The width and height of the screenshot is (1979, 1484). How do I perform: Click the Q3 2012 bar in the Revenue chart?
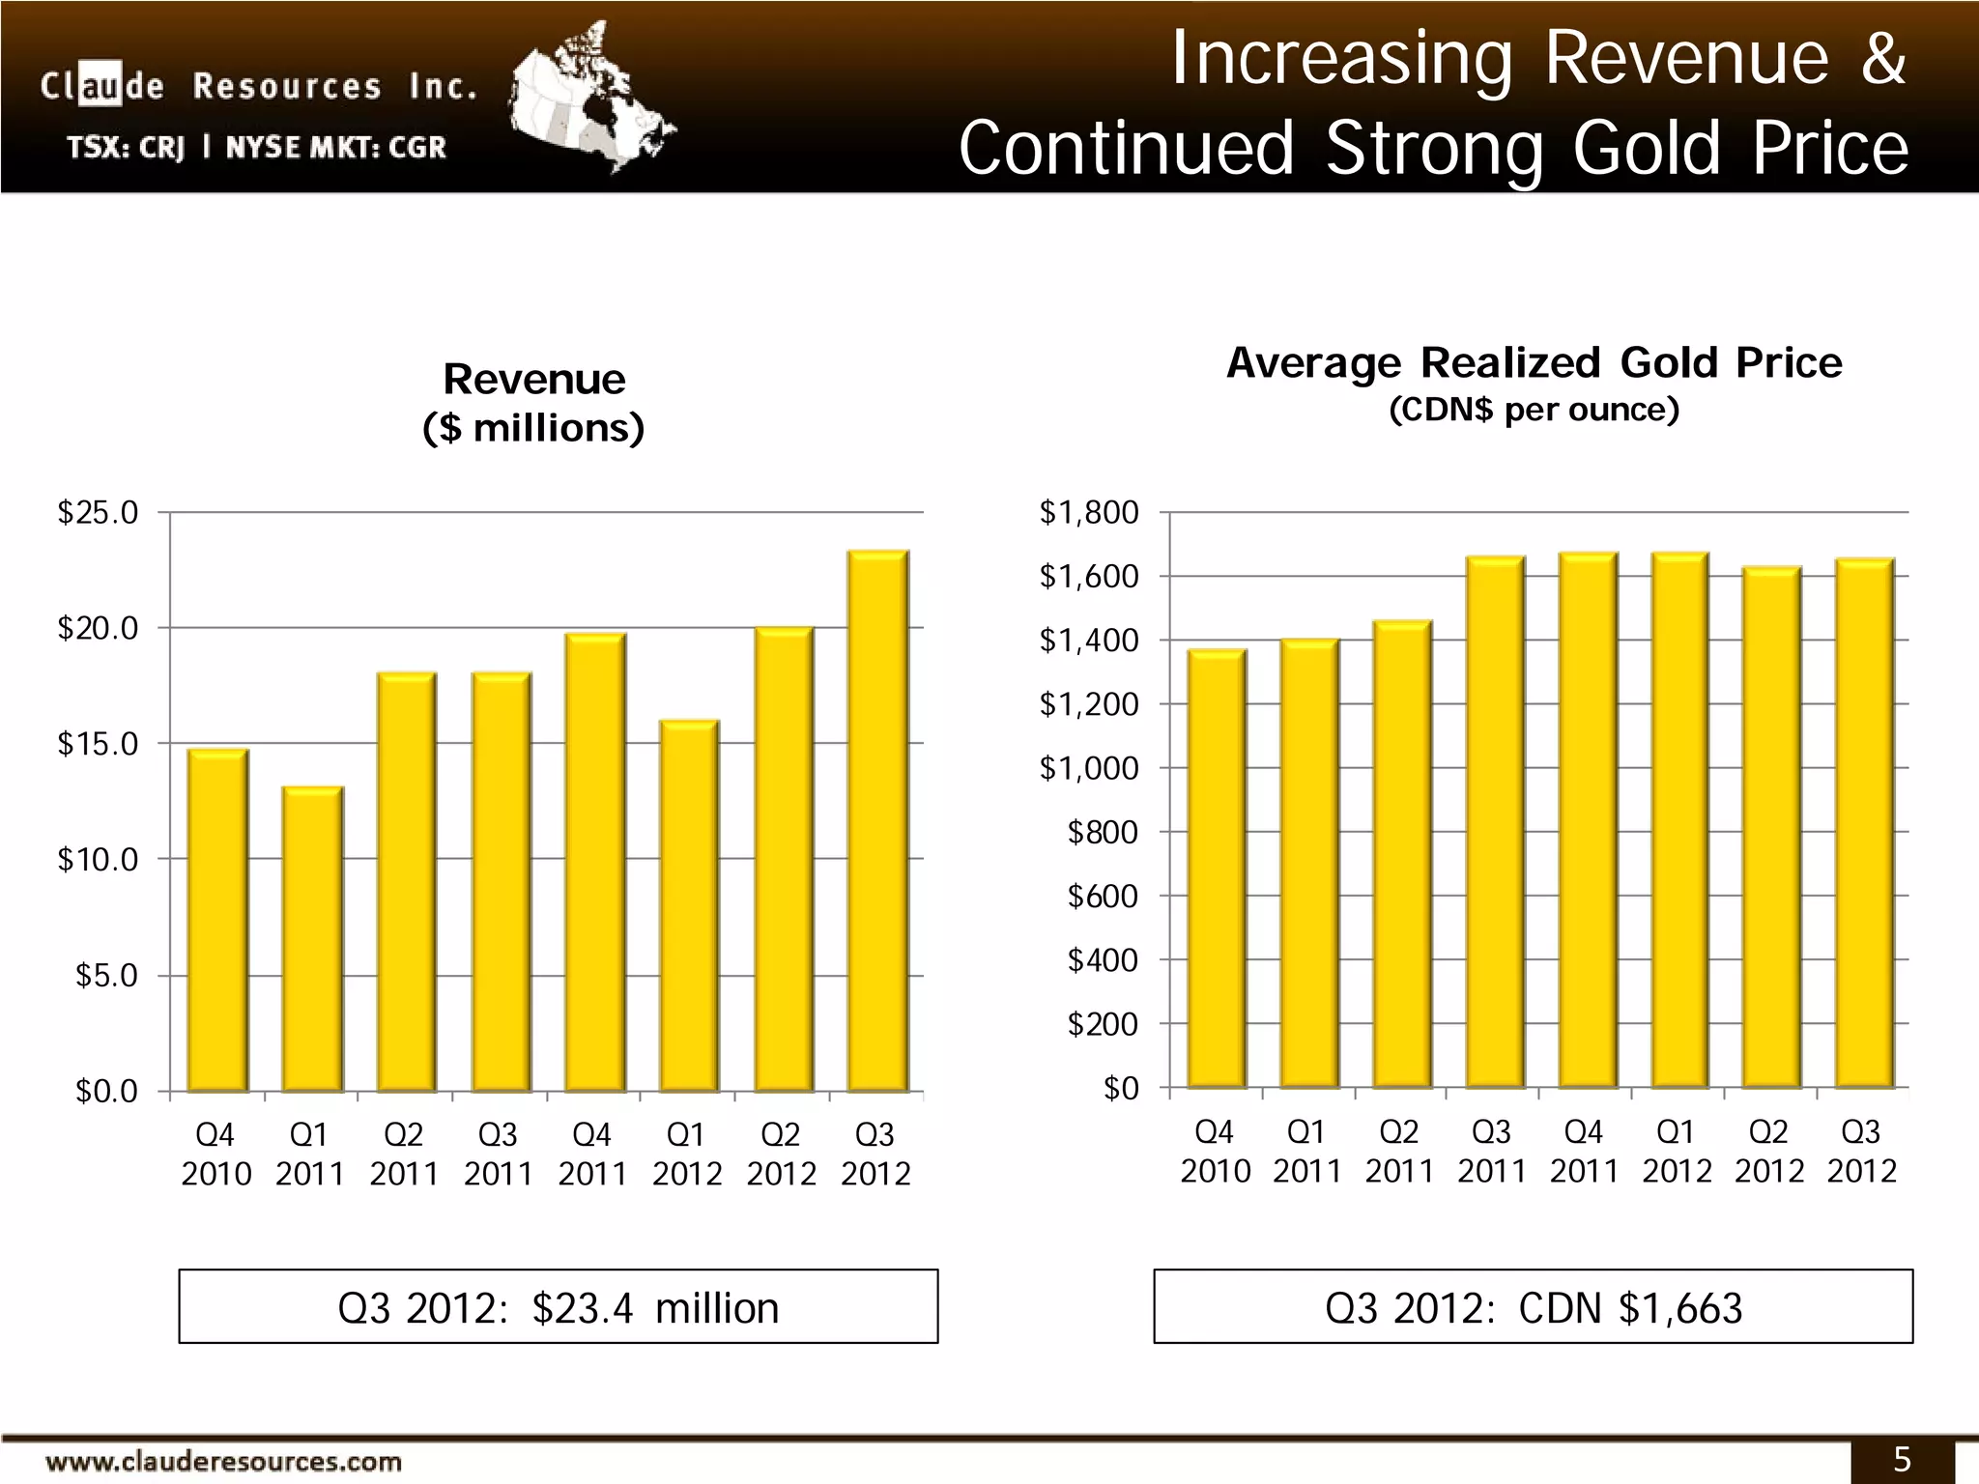point(877,821)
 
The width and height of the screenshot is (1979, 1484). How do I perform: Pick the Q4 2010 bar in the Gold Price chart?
point(1216,870)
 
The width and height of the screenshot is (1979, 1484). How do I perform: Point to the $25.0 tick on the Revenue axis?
point(98,512)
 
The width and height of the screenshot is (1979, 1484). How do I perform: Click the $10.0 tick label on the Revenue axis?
point(98,859)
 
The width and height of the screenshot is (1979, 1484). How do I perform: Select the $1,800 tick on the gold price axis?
point(1088,512)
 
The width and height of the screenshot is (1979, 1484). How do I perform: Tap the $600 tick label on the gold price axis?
point(1102,896)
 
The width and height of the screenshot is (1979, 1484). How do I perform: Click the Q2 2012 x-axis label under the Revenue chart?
point(781,1154)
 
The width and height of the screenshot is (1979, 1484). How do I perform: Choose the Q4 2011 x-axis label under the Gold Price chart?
point(1584,1151)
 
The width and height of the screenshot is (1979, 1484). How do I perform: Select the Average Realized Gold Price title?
point(1534,363)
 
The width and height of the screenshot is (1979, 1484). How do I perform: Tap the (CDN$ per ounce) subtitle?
point(1534,411)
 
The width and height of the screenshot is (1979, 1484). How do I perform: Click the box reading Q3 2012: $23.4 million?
point(558,1307)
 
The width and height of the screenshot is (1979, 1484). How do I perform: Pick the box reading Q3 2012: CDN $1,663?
point(1533,1307)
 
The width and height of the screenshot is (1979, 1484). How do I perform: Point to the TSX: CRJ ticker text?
point(127,148)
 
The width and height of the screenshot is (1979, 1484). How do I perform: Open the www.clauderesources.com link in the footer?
point(223,1461)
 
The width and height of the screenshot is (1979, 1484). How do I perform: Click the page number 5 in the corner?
point(1902,1460)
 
